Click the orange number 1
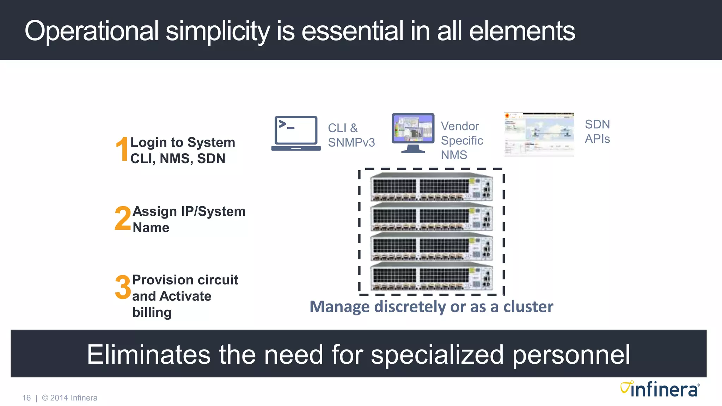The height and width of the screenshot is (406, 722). [x=122, y=149]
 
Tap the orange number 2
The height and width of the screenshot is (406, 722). [x=123, y=219]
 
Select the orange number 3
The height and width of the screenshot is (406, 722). [x=123, y=287]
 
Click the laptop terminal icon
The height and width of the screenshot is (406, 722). [x=296, y=133]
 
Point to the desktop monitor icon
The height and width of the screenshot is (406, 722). [x=413, y=132]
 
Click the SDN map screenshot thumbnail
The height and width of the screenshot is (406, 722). [x=539, y=135]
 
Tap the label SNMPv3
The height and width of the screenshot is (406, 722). [x=351, y=142]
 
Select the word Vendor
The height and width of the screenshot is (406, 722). [x=460, y=126]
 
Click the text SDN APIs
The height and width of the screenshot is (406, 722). [x=597, y=131]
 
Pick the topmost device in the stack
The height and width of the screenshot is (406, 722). [x=431, y=187]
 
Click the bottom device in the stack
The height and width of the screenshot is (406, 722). [x=431, y=277]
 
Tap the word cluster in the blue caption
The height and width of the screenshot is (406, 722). [x=528, y=307]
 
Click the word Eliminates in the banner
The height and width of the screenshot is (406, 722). [x=148, y=355]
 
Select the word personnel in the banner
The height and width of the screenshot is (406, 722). [x=571, y=355]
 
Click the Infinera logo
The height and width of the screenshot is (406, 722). [x=660, y=389]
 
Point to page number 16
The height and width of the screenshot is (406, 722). [x=26, y=398]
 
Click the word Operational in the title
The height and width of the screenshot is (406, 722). [x=92, y=31]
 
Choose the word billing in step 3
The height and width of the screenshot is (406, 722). [x=152, y=313]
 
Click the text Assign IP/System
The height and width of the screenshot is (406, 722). [x=189, y=211]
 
